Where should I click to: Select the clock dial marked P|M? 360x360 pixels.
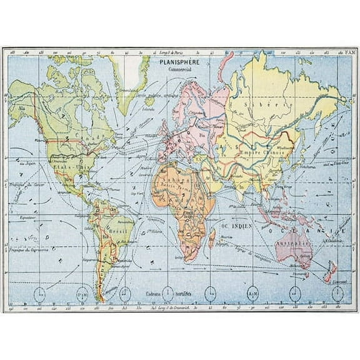(83, 292)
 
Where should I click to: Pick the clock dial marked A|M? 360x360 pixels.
(252, 292)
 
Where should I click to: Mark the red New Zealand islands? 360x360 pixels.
(329, 270)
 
